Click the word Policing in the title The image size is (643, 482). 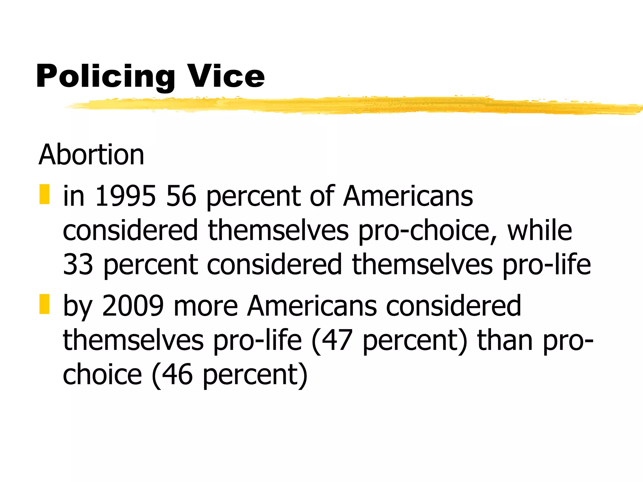pos(105,76)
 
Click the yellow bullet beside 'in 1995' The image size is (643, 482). pos(45,194)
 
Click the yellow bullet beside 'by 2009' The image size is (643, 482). pos(45,304)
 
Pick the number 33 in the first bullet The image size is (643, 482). pos(78,264)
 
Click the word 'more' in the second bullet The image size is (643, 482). pos(206,306)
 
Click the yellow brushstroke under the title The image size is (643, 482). pos(345,105)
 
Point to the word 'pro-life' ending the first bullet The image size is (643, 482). pos(547,264)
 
